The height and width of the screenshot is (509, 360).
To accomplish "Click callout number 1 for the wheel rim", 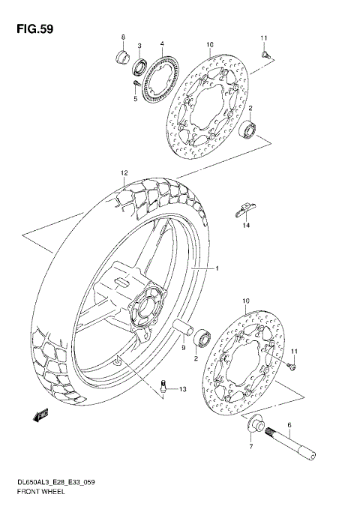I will point(217,268).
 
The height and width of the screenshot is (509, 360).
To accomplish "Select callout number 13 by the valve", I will point(182,389).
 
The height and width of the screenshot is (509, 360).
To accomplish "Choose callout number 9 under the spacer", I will point(183,348).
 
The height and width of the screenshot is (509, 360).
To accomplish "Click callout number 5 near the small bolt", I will point(135,98).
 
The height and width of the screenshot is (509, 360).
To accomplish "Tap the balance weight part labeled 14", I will point(246,207).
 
